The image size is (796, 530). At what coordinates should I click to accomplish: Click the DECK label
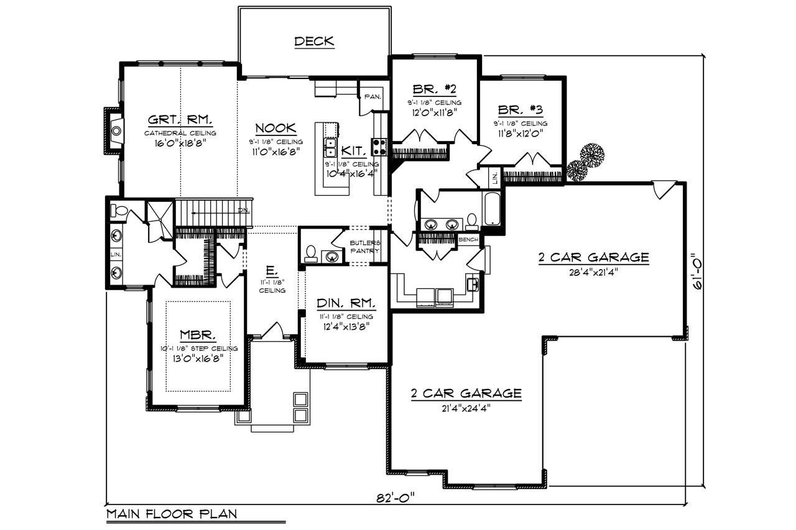[x=314, y=42]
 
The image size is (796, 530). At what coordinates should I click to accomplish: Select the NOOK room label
[x=275, y=129]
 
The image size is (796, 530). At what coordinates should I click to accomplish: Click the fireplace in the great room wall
[x=116, y=130]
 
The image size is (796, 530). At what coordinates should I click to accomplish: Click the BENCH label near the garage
[x=468, y=239]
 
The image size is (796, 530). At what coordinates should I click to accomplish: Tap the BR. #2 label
[x=426, y=89]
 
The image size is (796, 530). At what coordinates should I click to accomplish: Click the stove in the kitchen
[x=379, y=147]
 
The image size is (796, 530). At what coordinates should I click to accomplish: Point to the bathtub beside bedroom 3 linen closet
[x=491, y=209]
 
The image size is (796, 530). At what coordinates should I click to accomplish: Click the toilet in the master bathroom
[x=118, y=211]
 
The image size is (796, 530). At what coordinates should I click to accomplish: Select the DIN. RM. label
[x=346, y=303]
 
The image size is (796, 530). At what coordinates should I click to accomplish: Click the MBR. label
[x=198, y=336]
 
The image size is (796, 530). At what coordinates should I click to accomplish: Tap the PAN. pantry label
[x=373, y=96]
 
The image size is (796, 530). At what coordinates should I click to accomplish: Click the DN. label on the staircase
[x=243, y=210]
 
